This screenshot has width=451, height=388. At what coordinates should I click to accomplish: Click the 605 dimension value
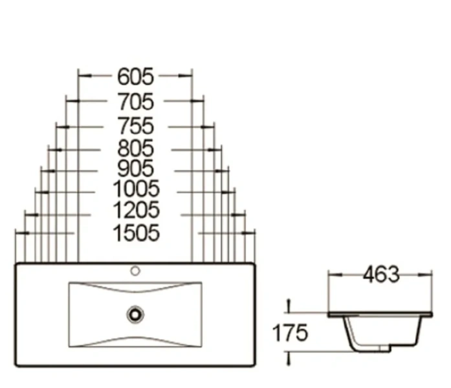tap(135, 77)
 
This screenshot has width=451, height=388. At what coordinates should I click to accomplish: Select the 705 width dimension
tap(135, 102)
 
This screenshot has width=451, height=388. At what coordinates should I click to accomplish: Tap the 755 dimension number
tap(135, 125)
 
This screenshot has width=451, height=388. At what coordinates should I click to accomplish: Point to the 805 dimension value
tap(135, 149)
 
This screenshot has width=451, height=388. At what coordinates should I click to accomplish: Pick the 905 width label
tap(135, 169)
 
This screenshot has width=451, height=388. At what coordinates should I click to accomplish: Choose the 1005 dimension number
tap(135, 189)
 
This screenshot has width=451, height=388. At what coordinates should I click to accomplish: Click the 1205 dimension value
tap(135, 211)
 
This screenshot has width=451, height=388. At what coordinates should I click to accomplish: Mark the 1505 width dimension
tap(135, 233)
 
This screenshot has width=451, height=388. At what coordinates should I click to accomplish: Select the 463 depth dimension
tap(381, 274)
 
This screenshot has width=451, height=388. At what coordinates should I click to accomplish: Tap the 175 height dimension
tap(289, 334)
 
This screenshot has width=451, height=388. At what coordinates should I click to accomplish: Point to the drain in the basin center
tap(135, 315)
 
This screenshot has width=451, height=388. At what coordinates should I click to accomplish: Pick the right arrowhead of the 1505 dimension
tap(252, 233)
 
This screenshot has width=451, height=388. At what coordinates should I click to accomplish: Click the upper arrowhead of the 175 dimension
tap(289, 308)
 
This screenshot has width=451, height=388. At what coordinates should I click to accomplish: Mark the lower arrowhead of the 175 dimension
tap(289, 354)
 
